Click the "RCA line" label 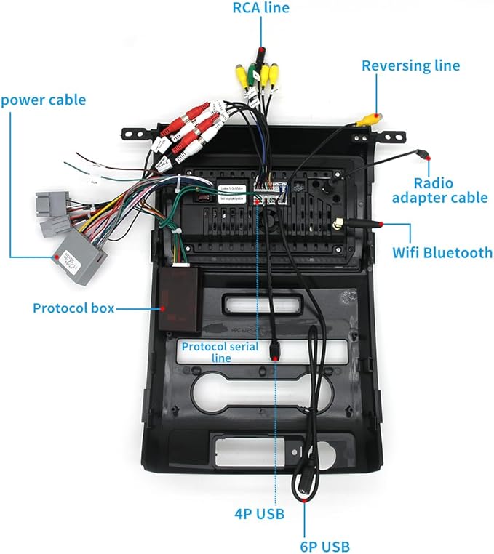pyautogui.click(x=260, y=9)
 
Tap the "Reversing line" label pyautogui.click(x=411, y=65)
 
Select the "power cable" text pyautogui.click(x=43, y=100)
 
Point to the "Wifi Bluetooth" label pyautogui.click(x=442, y=253)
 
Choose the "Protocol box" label pyautogui.click(x=73, y=308)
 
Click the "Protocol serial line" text pyautogui.click(x=220, y=352)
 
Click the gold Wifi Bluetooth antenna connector pyautogui.click(x=339, y=226)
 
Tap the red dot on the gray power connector pyautogui.click(x=55, y=257)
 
